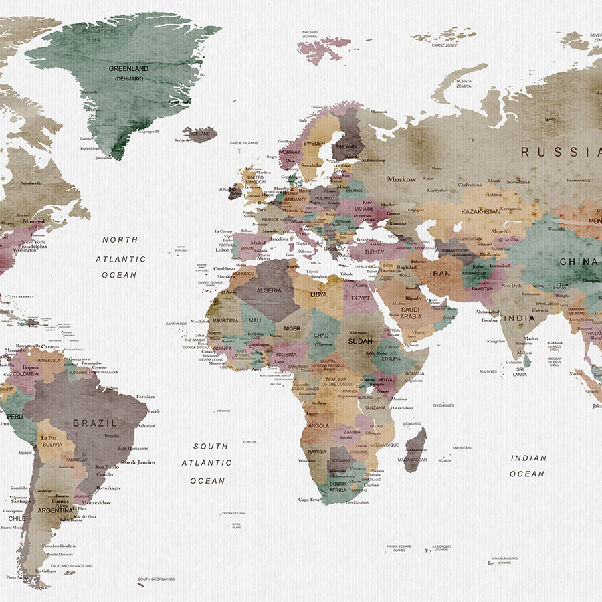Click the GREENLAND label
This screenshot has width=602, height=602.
[x=129, y=68]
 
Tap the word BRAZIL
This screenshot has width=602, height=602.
[x=95, y=423]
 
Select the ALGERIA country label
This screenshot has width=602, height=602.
[x=269, y=290]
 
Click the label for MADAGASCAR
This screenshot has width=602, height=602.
[x=413, y=460]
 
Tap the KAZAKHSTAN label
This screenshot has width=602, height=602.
[x=480, y=211]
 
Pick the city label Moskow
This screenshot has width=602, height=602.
[x=401, y=179]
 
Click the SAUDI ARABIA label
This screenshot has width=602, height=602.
[x=410, y=314]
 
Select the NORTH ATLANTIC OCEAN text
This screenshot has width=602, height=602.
[x=120, y=257]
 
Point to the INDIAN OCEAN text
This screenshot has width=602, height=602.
[x=528, y=466]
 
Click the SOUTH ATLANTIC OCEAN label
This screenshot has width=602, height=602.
[x=208, y=463]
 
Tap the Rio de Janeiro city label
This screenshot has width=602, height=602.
[x=138, y=462]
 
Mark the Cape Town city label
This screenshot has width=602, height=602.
[x=310, y=500]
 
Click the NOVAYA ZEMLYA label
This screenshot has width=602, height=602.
[x=464, y=84]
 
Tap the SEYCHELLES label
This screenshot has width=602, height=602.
[x=443, y=405]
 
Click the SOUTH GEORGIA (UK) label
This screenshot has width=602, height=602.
[x=157, y=579]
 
